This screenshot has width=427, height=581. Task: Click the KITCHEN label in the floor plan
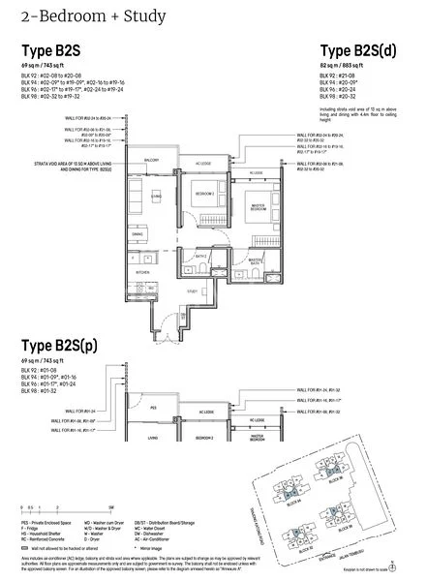(x=142, y=273)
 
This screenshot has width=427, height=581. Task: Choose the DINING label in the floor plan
(x=137, y=234)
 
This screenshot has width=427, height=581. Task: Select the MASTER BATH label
(x=255, y=261)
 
